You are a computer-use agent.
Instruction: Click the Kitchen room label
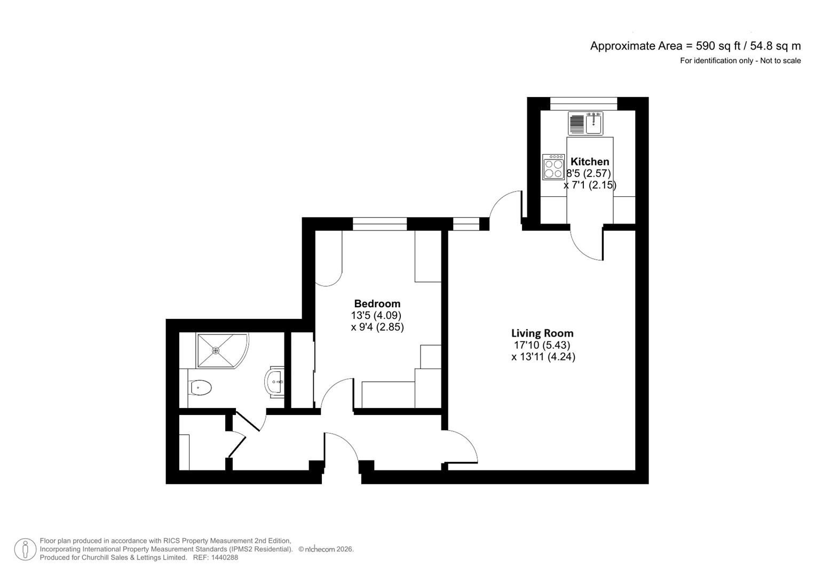[x=589, y=162]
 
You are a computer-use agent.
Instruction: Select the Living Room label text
[x=542, y=333]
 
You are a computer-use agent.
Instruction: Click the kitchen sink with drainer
[x=585, y=123]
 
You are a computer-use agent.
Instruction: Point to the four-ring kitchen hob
[x=553, y=167]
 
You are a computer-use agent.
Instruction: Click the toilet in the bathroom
[x=200, y=388]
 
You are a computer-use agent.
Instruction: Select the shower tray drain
[x=216, y=350]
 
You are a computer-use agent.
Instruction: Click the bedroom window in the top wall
[x=379, y=224]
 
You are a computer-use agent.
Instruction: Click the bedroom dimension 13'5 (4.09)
[x=376, y=315]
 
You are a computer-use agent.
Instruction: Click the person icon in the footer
[x=25, y=549]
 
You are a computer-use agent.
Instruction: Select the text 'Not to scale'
[x=780, y=61]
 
